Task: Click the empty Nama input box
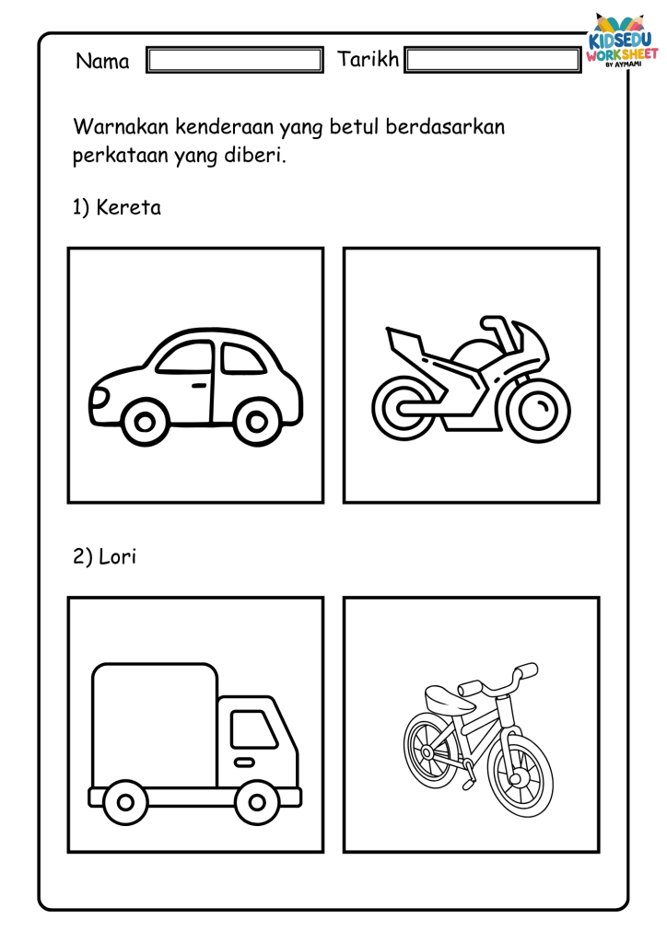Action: [x=235, y=60]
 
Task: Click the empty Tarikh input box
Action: [x=493, y=60]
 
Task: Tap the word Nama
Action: [x=102, y=61]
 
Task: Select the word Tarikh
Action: [x=368, y=59]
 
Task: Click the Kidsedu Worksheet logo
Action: [x=622, y=41]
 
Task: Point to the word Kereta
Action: [x=129, y=207]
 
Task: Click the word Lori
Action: [x=117, y=556]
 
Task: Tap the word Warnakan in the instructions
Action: [x=122, y=127]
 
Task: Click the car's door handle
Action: [x=199, y=385]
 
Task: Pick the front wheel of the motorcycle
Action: [x=538, y=411]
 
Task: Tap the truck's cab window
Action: [x=253, y=729]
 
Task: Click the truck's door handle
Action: [x=244, y=763]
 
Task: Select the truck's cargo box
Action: [x=155, y=725]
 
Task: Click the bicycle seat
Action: [x=448, y=699]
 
